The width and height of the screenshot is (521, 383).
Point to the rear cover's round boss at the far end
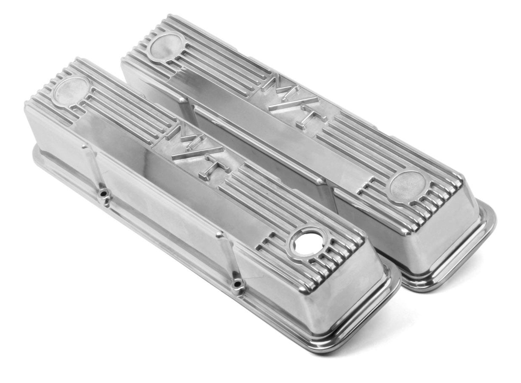click(167, 46)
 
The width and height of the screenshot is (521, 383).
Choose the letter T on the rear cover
click(308, 116)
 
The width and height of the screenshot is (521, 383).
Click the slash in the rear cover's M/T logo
click(293, 99)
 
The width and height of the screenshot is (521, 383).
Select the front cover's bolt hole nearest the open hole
click(237, 283)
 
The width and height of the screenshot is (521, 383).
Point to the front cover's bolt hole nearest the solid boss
click(103, 194)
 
